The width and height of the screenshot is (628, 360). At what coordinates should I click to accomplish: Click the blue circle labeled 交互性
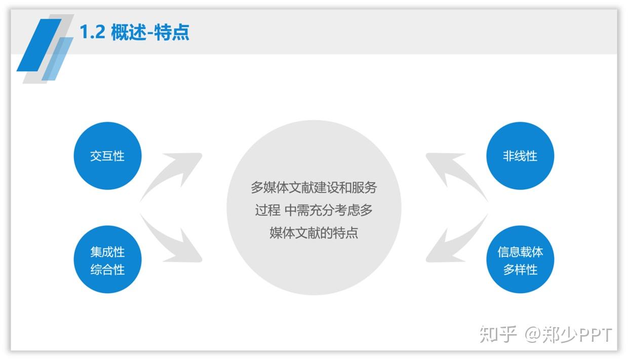108,156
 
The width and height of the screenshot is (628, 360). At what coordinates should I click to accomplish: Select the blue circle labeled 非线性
520,156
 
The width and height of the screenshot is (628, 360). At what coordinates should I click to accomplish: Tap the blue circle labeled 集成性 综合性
108,259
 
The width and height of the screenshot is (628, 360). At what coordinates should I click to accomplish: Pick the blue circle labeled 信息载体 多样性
520,259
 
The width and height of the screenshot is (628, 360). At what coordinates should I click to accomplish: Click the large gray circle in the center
313,208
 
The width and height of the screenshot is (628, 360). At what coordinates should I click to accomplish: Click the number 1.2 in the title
93,32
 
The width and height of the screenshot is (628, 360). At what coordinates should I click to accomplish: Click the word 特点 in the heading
172,32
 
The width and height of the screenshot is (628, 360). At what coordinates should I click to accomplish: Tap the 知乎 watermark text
498,334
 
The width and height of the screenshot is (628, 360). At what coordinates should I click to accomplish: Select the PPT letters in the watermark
595,335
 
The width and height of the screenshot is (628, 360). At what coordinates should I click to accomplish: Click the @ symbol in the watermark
532,335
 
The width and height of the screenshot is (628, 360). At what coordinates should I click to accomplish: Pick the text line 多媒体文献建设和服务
313,187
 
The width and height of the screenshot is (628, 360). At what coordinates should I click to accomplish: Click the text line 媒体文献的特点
313,233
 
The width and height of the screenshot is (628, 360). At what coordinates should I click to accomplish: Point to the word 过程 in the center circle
267,210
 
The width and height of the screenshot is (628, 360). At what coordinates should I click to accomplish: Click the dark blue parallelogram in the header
40,45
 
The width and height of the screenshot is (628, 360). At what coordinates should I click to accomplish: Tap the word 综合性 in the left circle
108,270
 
